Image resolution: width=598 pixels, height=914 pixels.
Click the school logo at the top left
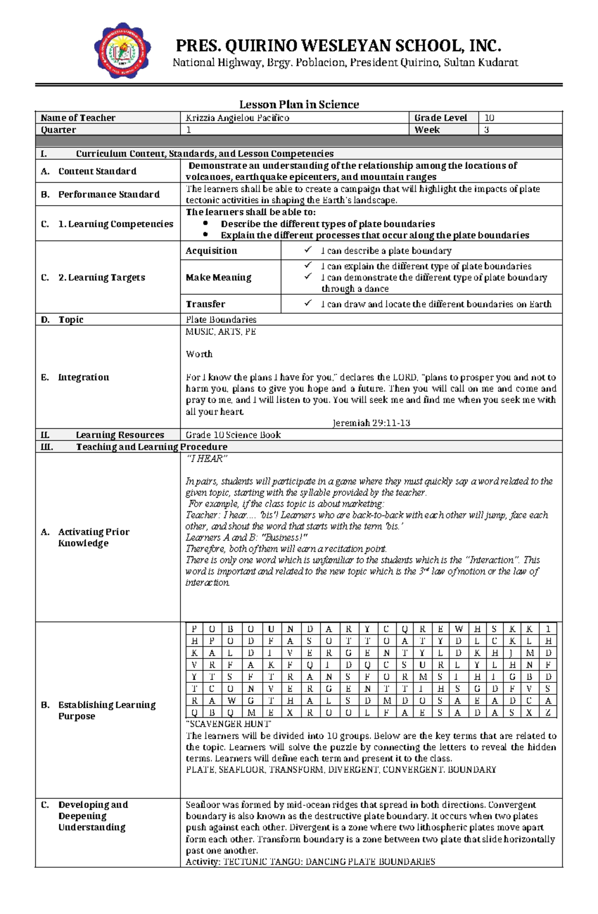coord(122,51)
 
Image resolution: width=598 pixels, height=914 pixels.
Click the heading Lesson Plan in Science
coord(299,104)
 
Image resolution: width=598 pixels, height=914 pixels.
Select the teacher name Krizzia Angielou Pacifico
coord(237,118)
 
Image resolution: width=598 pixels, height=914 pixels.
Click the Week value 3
coord(487,130)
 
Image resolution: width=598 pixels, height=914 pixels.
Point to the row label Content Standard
coord(97,171)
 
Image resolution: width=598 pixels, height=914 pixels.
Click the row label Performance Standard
coord(109,194)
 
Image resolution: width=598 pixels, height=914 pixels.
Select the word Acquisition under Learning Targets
coord(211,251)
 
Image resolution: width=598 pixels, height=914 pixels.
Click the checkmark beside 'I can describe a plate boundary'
coord(308,250)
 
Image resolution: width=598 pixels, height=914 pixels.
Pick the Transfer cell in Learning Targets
coord(205,304)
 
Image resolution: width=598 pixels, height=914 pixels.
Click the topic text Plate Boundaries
coord(221,319)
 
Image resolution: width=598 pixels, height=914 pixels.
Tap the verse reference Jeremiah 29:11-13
coord(371,423)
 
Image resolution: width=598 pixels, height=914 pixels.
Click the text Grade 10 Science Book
coord(233,435)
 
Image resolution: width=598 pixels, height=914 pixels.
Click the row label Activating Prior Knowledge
coord(94,537)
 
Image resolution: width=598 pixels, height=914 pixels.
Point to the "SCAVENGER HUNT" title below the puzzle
coord(228,724)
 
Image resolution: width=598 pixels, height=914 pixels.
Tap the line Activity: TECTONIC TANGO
coord(310,861)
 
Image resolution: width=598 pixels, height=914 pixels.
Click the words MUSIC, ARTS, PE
coord(220,332)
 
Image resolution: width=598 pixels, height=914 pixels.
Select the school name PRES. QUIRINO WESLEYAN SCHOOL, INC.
coord(338,46)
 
